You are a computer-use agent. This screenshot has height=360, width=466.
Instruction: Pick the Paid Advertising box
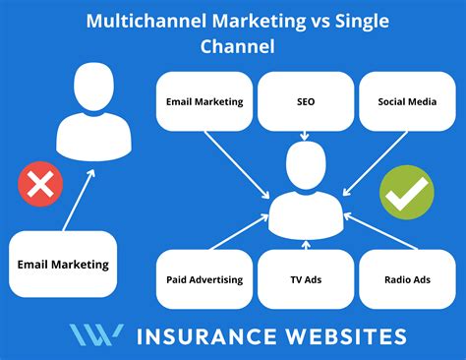(204, 279)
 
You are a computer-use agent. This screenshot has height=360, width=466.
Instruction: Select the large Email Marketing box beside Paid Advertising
(63, 265)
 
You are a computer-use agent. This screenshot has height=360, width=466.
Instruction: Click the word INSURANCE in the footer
(206, 336)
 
